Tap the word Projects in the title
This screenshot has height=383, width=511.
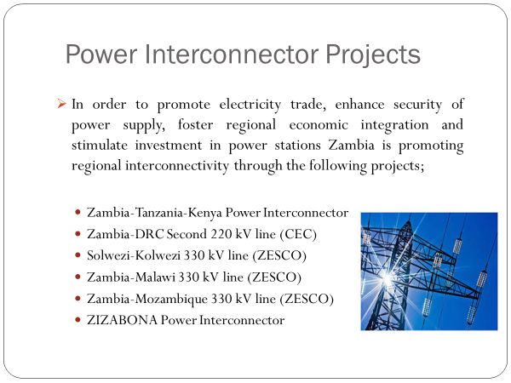pyautogui.click(x=373, y=55)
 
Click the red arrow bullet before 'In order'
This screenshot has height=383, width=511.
pyautogui.click(x=61, y=104)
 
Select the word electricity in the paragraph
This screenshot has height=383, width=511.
pyautogui.click(x=250, y=106)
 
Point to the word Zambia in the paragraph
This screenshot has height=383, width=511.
pyautogui.click(x=351, y=145)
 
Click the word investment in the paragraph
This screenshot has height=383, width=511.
pyautogui.click(x=169, y=146)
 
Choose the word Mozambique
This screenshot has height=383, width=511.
pyautogui.click(x=171, y=300)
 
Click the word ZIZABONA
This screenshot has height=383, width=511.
pyautogui.click(x=122, y=320)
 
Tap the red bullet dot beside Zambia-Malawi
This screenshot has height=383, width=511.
pyautogui.click(x=78, y=277)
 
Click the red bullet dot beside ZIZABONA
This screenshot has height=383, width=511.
pyautogui.click(x=78, y=320)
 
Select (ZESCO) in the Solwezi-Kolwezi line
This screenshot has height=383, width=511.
pyautogui.click(x=279, y=255)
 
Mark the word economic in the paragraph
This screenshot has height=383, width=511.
pyautogui.click(x=319, y=125)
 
